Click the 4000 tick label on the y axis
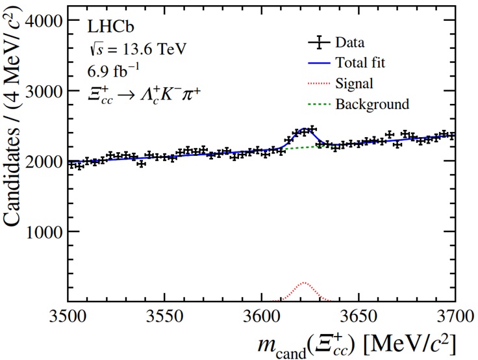click(x=43, y=21)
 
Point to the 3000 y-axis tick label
click(x=43, y=91)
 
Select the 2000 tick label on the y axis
click(x=43, y=161)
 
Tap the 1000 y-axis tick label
click(x=43, y=231)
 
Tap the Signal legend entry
click(x=354, y=83)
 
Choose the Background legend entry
click(x=372, y=103)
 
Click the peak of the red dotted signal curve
click(x=304, y=283)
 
